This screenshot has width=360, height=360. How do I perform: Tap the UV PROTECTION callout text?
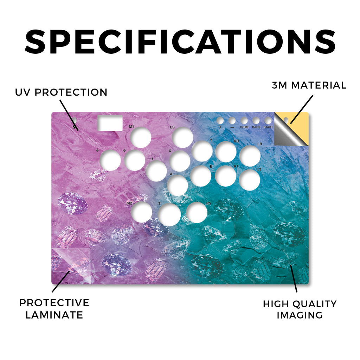click(x=61, y=92)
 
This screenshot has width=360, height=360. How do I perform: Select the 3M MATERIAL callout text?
click(x=309, y=85)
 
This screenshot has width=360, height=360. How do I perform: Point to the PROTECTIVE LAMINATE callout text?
click(x=54, y=309)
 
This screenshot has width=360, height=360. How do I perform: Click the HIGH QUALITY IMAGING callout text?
click(x=300, y=309)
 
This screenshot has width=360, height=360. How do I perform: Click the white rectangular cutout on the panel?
click(x=110, y=123)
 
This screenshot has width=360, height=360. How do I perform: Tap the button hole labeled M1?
click(x=141, y=137)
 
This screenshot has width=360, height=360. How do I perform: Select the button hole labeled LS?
click(x=182, y=138)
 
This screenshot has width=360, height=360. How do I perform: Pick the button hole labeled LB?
click(x=250, y=156)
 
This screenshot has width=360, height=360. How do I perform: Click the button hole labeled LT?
click(x=250, y=180)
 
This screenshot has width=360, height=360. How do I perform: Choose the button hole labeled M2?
click(x=142, y=212)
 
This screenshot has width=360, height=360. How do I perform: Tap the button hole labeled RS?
click(x=197, y=213)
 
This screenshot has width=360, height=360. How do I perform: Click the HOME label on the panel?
click(x=244, y=127)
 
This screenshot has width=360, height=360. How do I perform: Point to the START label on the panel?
click(x=268, y=127)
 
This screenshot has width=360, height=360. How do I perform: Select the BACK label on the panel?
click(x=256, y=127)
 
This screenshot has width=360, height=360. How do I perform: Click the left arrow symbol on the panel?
click(x=98, y=150)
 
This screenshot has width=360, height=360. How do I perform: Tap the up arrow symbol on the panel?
click(x=159, y=203)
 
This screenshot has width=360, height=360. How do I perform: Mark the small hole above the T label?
click(x=220, y=120)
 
